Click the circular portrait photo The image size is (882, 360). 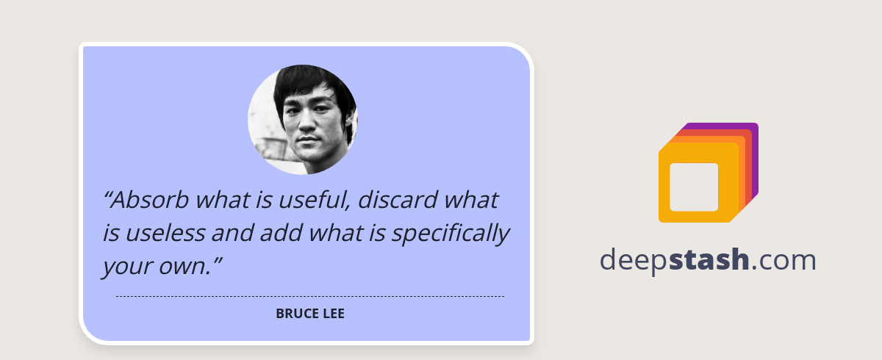303,120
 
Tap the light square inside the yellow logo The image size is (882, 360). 694,187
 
